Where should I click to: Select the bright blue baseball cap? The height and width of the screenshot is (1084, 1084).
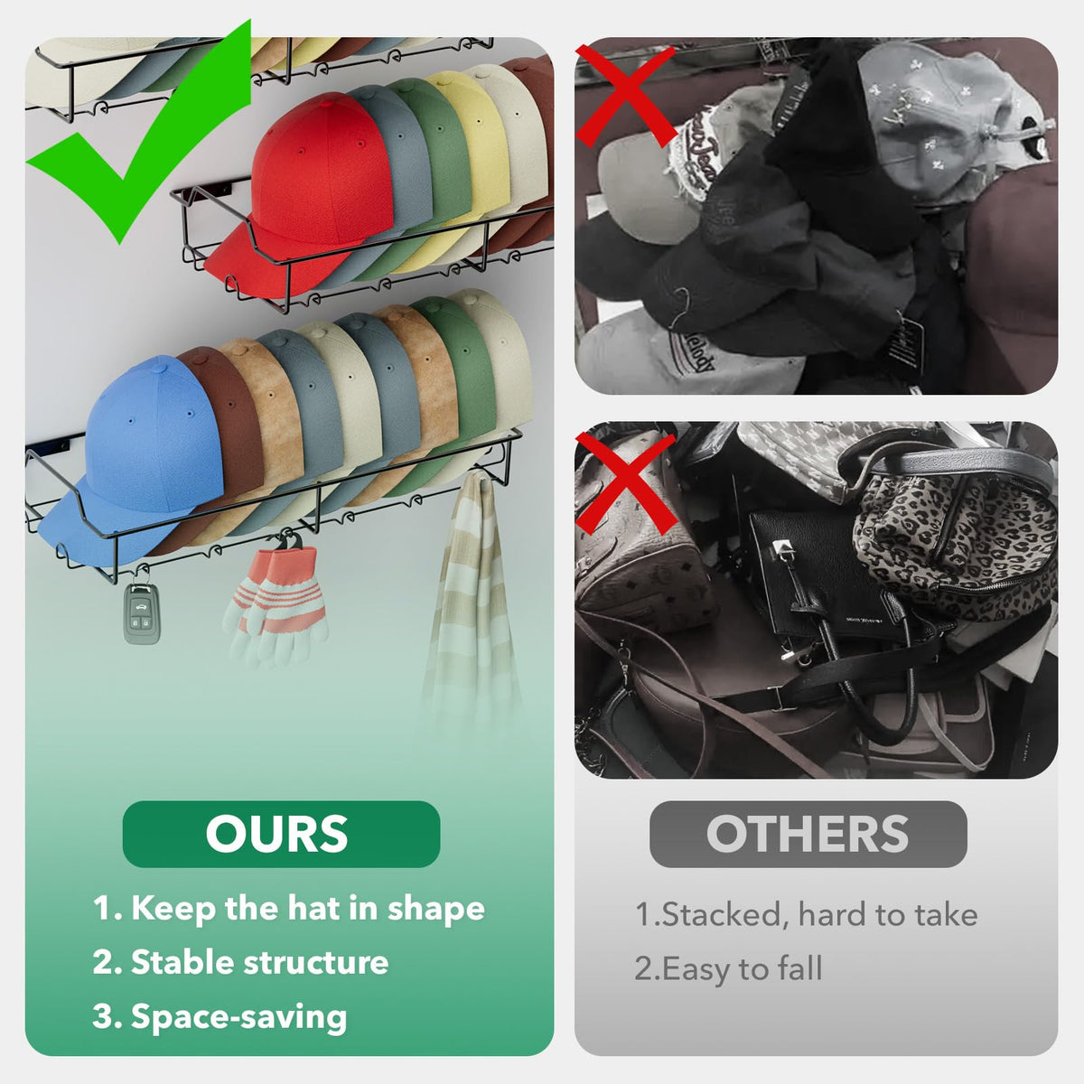click(x=141, y=455)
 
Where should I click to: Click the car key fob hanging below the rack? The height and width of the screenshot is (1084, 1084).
click(x=142, y=613)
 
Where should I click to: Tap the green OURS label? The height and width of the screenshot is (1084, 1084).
click(x=281, y=834)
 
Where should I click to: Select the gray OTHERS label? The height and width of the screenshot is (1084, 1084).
click(x=808, y=834)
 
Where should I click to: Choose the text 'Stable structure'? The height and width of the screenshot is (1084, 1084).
click(x=259, y=962)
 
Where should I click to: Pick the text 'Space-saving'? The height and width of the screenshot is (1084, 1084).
click(x=238, y=1017)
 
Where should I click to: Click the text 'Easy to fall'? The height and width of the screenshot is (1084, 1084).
click(x=742, y=968)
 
